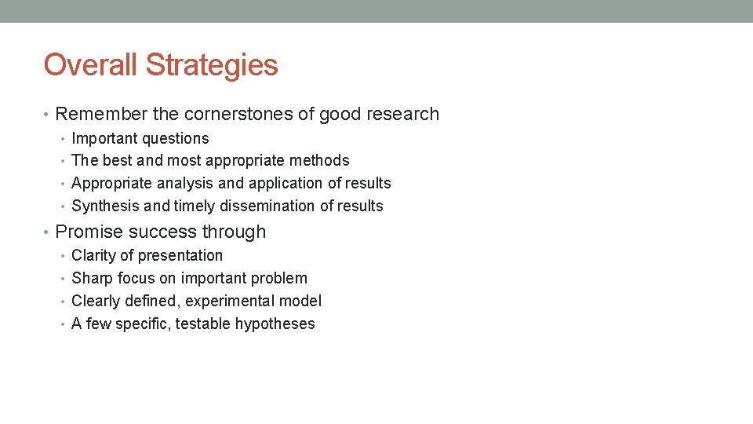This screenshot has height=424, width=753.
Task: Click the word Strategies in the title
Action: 212,64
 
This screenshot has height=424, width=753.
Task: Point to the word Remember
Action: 101,114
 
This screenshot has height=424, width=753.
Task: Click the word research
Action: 402,114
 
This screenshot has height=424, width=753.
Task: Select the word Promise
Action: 87,232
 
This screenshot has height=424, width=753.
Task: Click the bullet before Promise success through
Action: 48,232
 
